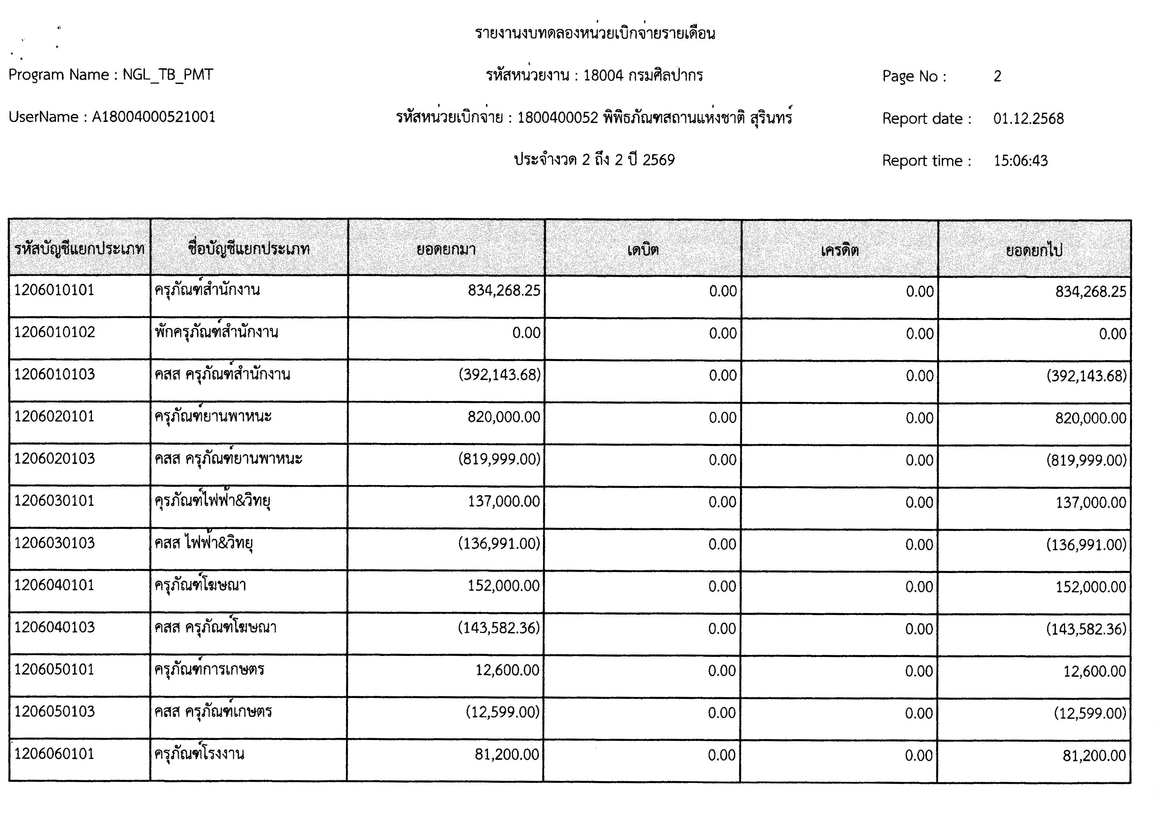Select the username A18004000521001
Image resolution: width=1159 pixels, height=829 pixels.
click(x=153, y=118)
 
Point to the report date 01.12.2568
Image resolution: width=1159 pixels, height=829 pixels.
click(x=1028, y=119)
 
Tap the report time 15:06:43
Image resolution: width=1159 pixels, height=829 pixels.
click(x=1020, y=161)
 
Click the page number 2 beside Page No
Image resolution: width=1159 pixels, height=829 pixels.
click(x=997, y=76)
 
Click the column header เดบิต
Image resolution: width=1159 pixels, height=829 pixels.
click(x=643, y=250)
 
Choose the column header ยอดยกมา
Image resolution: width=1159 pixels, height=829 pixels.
click(x=446, y=249)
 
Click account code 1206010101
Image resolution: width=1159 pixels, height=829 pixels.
click(x=54, y=290)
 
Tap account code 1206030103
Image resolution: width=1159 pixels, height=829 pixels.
click(x=54, y=543)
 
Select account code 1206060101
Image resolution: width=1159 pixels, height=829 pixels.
click(x=54, y=754)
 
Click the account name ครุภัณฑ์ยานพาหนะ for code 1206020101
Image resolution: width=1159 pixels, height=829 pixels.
click(x=213, y=417)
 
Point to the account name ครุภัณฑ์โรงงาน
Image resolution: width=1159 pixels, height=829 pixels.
click(x=199, y=754)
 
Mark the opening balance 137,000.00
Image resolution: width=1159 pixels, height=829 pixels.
click(x=504, y=501)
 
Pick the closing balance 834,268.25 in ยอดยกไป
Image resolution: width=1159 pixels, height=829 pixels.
click(x=1091, y=291)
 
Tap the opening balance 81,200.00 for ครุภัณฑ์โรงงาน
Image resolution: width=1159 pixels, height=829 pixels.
click(x=507, y=755)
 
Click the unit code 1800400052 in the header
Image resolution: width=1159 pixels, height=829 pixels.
click(x=557, y=118)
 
